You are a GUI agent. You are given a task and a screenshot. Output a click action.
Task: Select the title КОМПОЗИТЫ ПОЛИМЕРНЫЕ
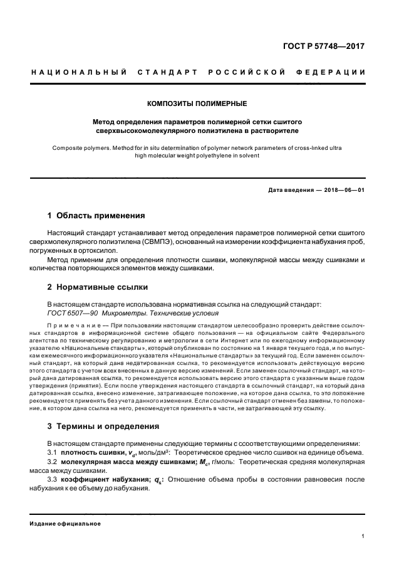[x=197, y=102]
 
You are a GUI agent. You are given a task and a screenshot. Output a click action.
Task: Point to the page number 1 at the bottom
[x=363, y=536]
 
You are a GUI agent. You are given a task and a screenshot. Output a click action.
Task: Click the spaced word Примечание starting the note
[x=73, y=327]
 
